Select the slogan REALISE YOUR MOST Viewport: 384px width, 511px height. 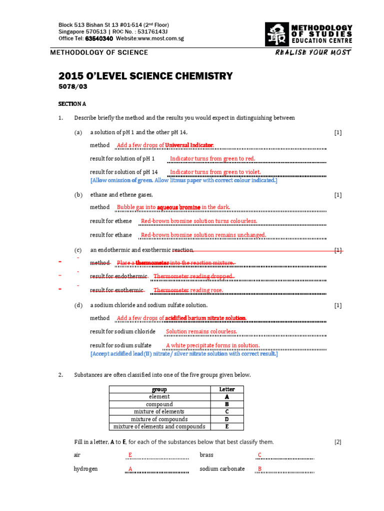point(313,52)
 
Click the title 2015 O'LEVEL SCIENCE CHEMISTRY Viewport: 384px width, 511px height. point(145,76)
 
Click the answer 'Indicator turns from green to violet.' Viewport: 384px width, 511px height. point(215,172)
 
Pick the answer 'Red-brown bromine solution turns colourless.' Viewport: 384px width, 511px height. point(199,221)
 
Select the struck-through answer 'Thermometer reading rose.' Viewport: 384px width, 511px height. point(188,290)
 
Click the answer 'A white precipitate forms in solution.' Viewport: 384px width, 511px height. point(212,345)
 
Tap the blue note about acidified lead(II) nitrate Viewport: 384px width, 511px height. point(183,354)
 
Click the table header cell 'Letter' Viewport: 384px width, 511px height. point(226,389)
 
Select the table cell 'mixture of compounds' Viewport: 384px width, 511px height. point(159,419)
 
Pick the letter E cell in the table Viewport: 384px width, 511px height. point(226,427)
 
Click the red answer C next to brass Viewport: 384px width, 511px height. point(259,455)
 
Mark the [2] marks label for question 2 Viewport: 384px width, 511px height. point(338,442)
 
